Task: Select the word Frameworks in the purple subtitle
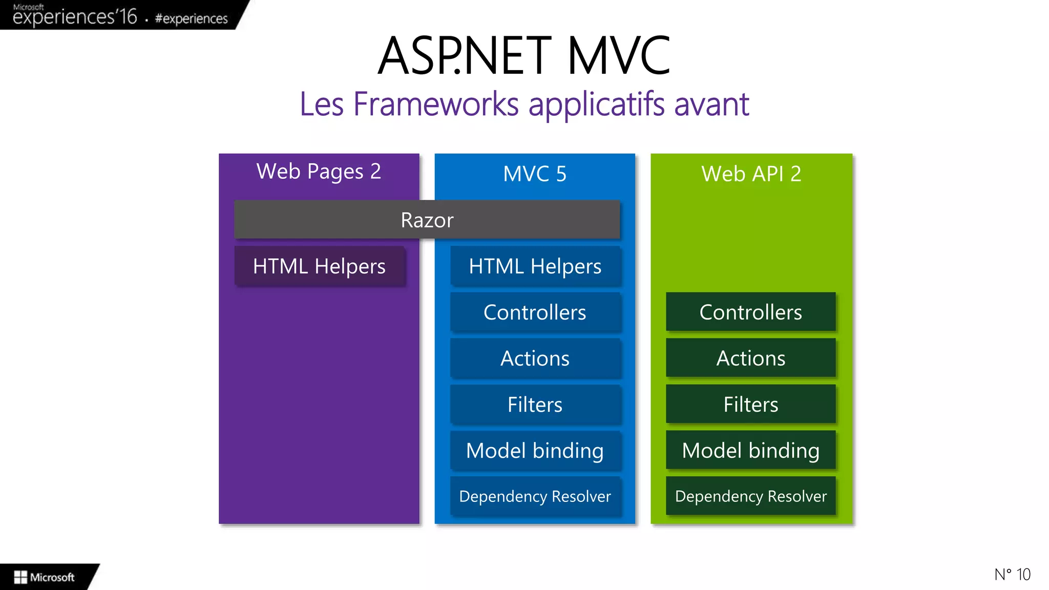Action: click(x=436, y=104)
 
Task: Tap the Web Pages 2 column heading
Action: click(x=319, y=172)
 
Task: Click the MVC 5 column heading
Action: click(x=535, y=174)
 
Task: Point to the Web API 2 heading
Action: click(x=751, y=174)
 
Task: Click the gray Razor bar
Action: click(x=427, y=220)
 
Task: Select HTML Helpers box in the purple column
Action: click(x=319, y=266)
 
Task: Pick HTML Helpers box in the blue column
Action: click(x=535, y=266)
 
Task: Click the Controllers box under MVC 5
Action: click(x=535, y=312)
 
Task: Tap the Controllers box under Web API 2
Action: click(x=750, y=312)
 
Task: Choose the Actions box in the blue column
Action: click(x=535, y=359)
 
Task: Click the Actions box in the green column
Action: click(x=750, y=359)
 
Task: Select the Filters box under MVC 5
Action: click(x=535, y=405)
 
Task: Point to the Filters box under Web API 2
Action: click(x=750, y=405)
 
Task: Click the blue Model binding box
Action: click(x=535, y=451)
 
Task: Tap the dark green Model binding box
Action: click(x=750, y=451)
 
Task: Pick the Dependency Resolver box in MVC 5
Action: click(x=535, y=496)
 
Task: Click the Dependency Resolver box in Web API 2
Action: click(x=750, y=496)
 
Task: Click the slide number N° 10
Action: click(x=1012, y=575)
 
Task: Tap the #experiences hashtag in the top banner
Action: click(x=191, y=19)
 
